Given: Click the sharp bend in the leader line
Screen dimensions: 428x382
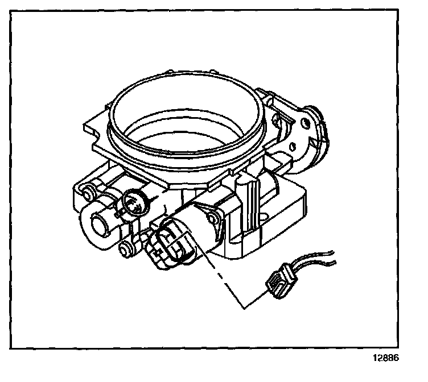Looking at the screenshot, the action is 244,308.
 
